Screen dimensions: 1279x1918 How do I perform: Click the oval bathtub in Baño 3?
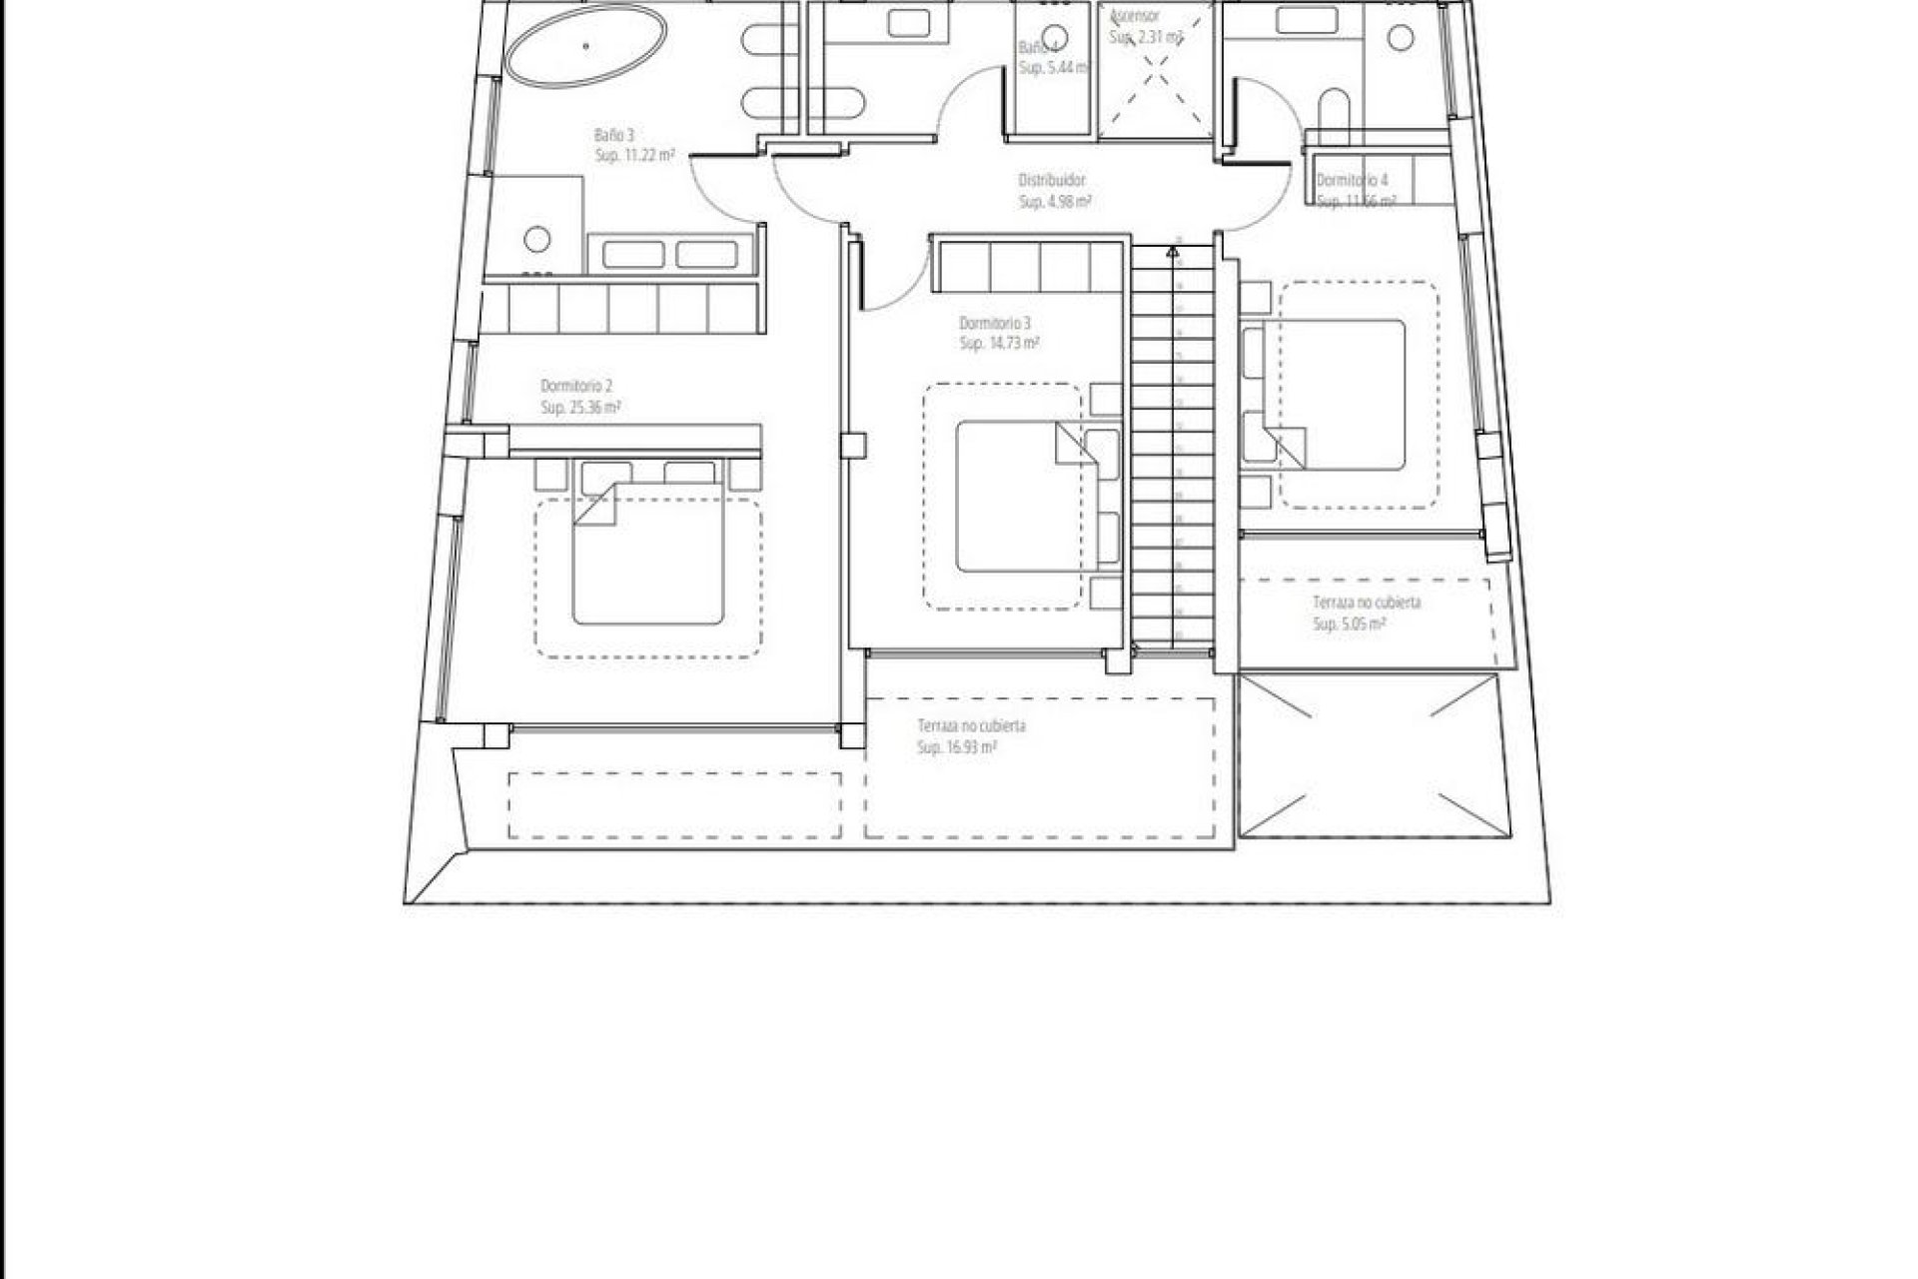tap(585, 47)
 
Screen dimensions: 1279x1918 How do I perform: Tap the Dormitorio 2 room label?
tap(575, 387)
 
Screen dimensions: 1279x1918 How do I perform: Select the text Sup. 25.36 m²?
tap(580, 408)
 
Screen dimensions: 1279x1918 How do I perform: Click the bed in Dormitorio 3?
tap(1018, 497)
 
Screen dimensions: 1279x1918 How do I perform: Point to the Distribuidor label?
tap(1052, 181)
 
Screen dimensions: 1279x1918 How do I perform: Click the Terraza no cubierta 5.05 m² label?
tap(1366, 604)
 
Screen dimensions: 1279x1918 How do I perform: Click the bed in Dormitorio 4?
tap(1334, 395)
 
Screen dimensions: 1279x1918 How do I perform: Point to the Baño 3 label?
tap(613, 135)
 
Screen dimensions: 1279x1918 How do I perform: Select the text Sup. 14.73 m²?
tap(999, 344)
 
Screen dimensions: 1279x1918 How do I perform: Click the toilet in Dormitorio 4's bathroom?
tap(1333, 112)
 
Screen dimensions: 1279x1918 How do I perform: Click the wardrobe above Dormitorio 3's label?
tap(1029, 266)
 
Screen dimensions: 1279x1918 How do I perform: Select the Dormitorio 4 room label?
tap(1351, 181)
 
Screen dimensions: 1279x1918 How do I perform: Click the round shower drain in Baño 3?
tap(537, 239)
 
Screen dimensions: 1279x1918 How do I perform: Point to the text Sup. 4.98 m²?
tap(1054, 202)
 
